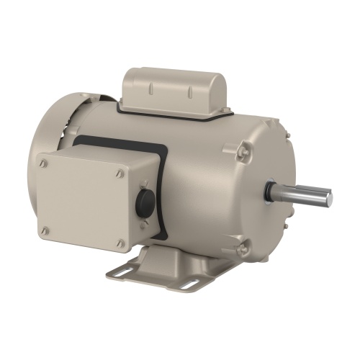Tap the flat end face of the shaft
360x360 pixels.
(x=328, y=197)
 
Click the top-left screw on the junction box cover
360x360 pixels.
(x=45, y=163)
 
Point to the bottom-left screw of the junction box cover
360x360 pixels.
(x=45, y=230)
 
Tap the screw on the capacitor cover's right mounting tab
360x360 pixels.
(x=226, y=110)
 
